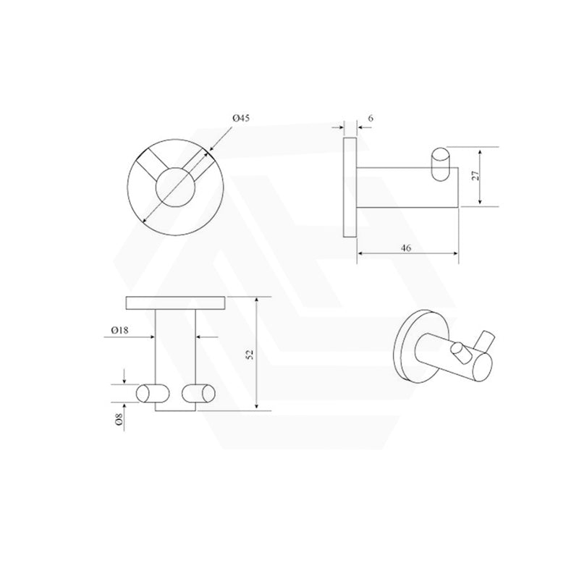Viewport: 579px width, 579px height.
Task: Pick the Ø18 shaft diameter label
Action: point(120,329)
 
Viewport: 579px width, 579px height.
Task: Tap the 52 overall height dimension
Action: point(250,354)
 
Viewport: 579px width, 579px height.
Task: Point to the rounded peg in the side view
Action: point(439,164)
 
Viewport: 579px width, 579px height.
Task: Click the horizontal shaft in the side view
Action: point(405,187)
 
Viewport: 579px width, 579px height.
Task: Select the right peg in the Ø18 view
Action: point(200,392)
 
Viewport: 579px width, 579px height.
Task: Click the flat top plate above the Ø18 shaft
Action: point(177,302)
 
